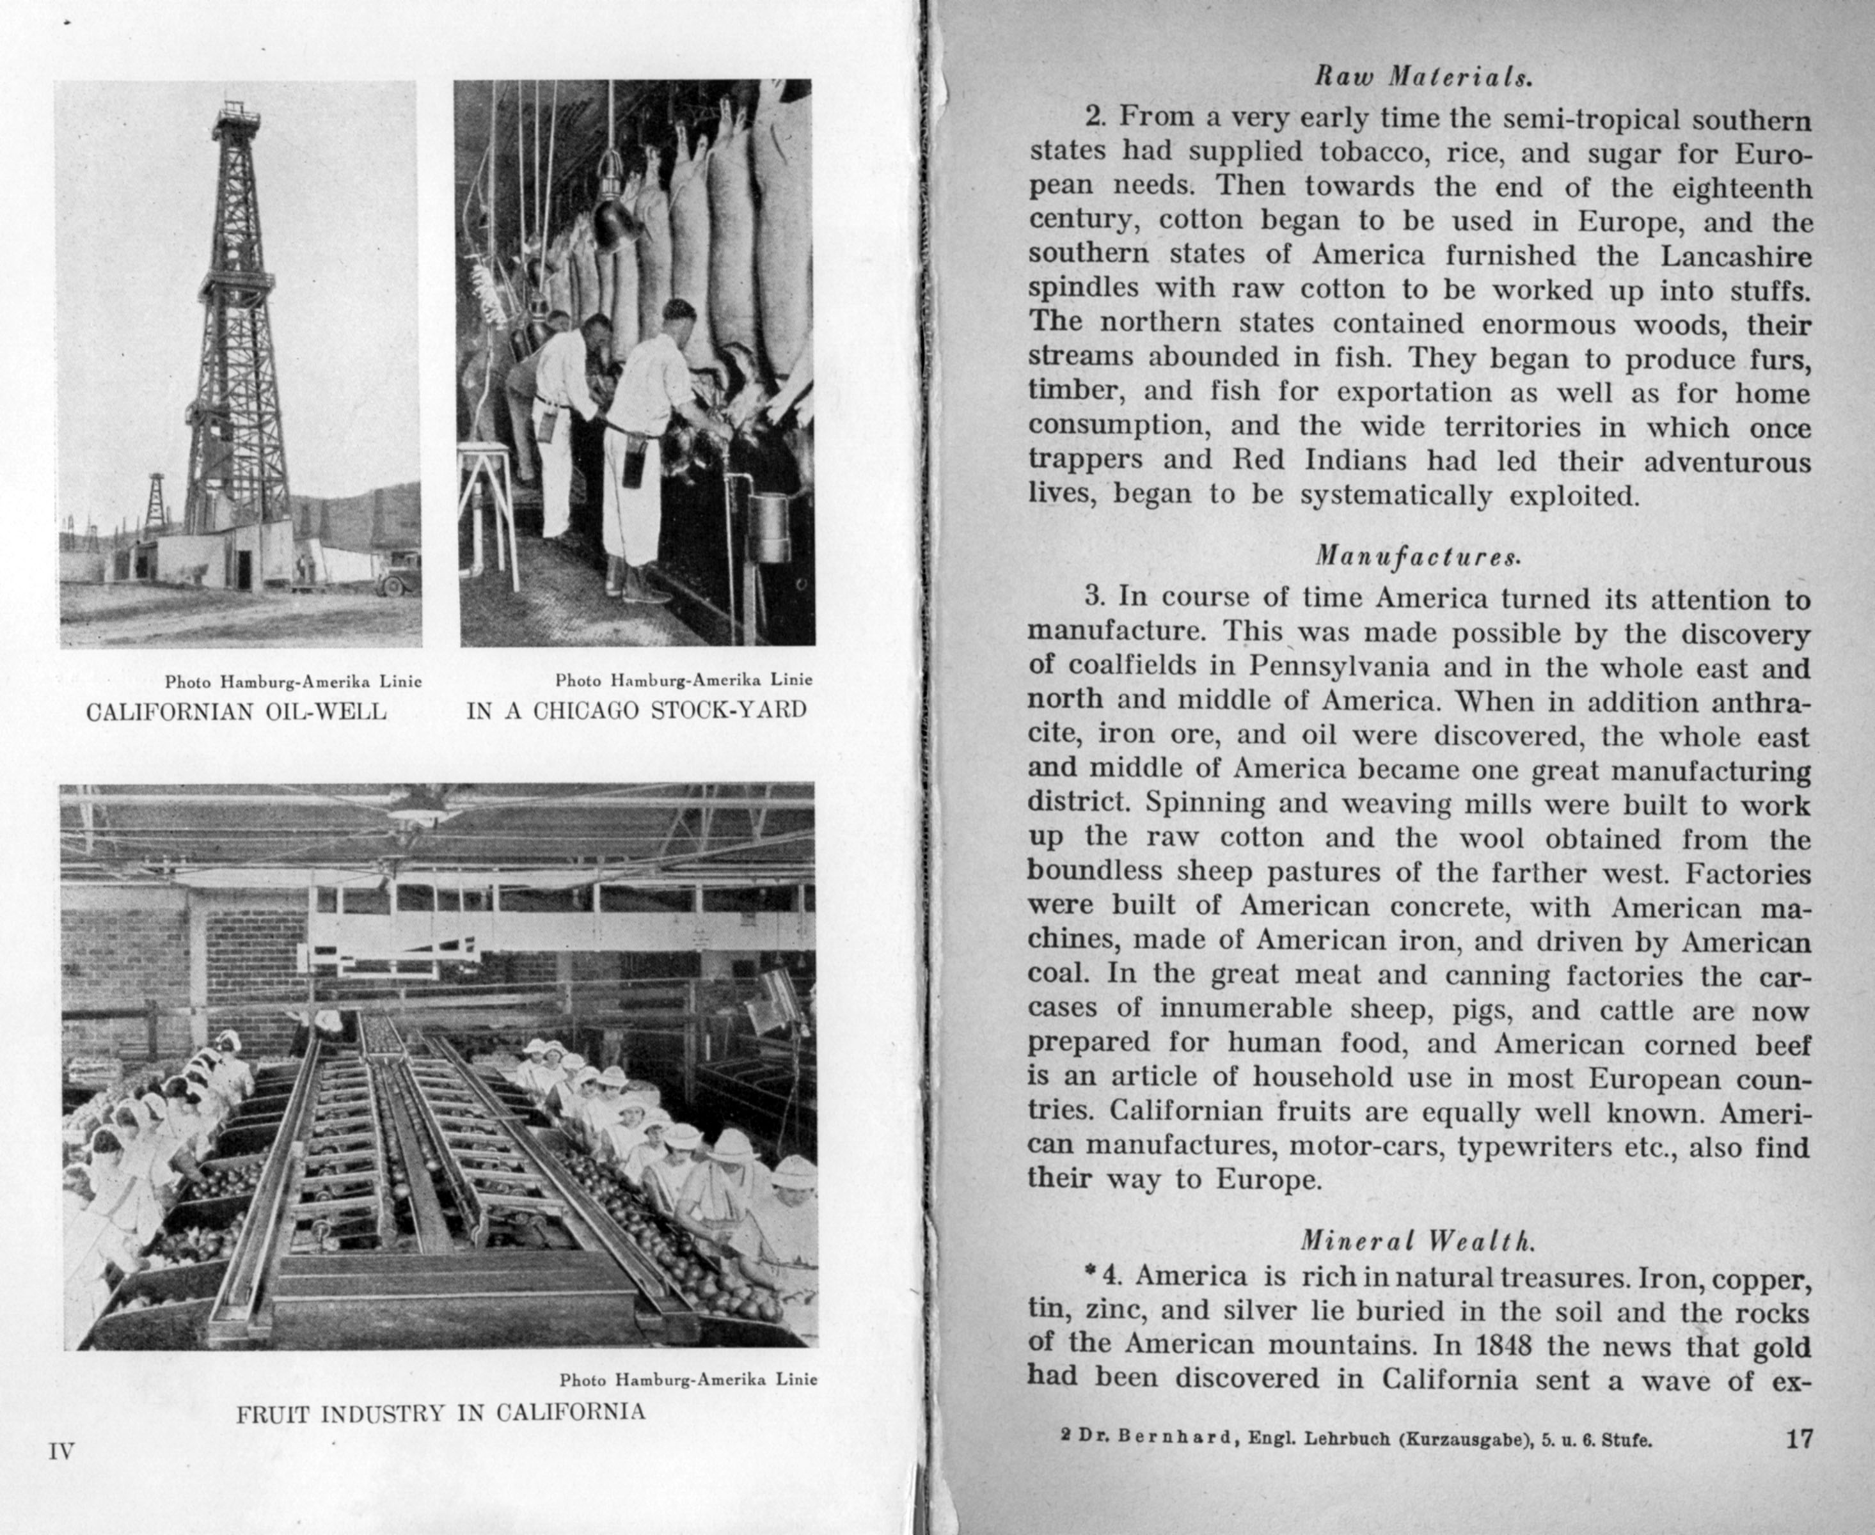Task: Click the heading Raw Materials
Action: tap(1423, 78)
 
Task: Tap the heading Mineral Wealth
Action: tap(1418, 1241)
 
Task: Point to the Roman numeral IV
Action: tap(61, 1451)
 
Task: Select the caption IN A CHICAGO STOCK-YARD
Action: tap(637, 710)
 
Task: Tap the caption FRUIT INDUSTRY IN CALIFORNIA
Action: tap(441, 1412)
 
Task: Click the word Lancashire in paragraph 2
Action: tap(1736, 256)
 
